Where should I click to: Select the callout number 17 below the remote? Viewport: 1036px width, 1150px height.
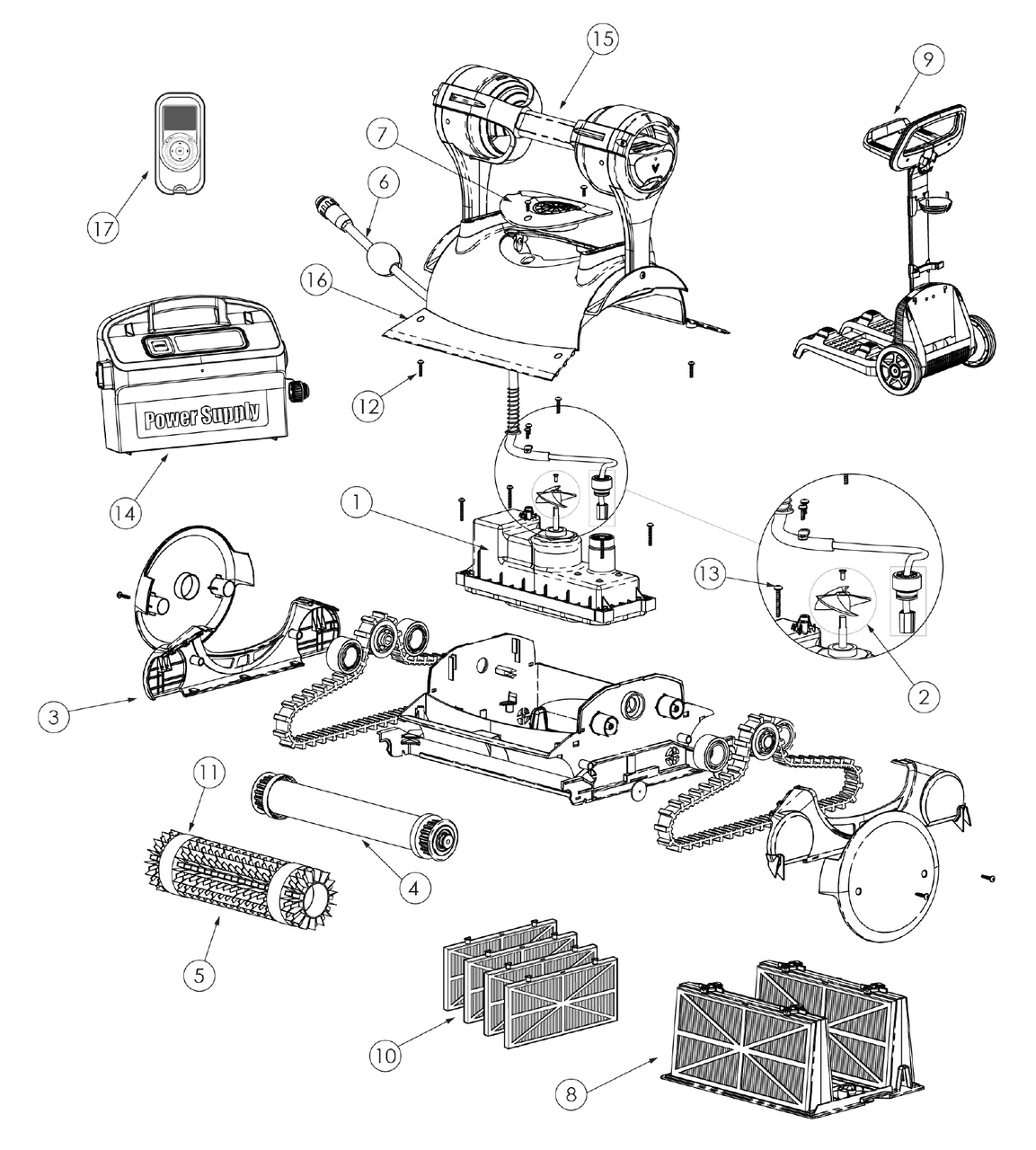point(103,228)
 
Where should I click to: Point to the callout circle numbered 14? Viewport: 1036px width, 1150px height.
point(127,512)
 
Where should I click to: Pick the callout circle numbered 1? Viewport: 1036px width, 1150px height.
point(357,504)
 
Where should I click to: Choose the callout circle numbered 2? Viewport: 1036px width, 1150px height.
point(924,694)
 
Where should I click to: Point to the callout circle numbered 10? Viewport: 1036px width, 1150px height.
point(385,1056)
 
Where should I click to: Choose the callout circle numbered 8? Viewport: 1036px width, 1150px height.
point(570,1093)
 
